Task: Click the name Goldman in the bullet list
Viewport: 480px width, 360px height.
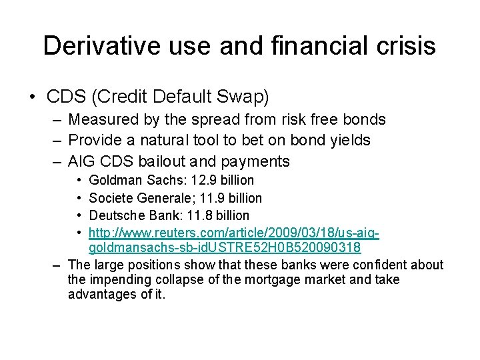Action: (x=113, y=181)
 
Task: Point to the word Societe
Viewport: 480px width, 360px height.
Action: (x=109, y=198)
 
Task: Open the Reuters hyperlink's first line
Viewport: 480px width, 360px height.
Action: (x=234, y=233)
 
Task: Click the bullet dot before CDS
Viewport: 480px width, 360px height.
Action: (x=32, y=97)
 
